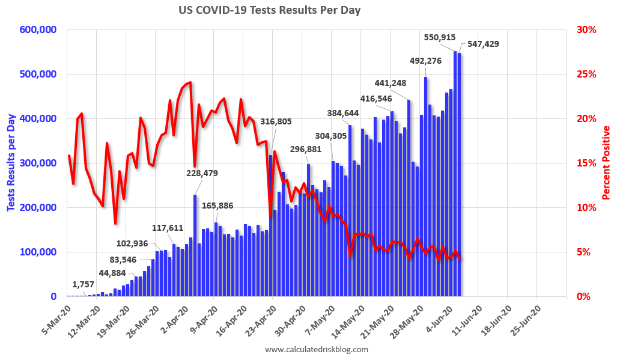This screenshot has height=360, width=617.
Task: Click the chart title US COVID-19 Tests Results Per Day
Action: [269, 10]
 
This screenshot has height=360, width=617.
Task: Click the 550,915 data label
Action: [440, 37]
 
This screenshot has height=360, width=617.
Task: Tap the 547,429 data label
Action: [479, 44]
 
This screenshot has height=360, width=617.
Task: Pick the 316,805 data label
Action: [276, 121]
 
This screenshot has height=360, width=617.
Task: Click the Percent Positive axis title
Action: [606, 163]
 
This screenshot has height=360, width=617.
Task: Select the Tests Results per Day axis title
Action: [11, 163]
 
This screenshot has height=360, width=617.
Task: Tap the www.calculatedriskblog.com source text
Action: [316, 349]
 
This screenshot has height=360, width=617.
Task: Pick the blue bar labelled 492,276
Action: [425, 186]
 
